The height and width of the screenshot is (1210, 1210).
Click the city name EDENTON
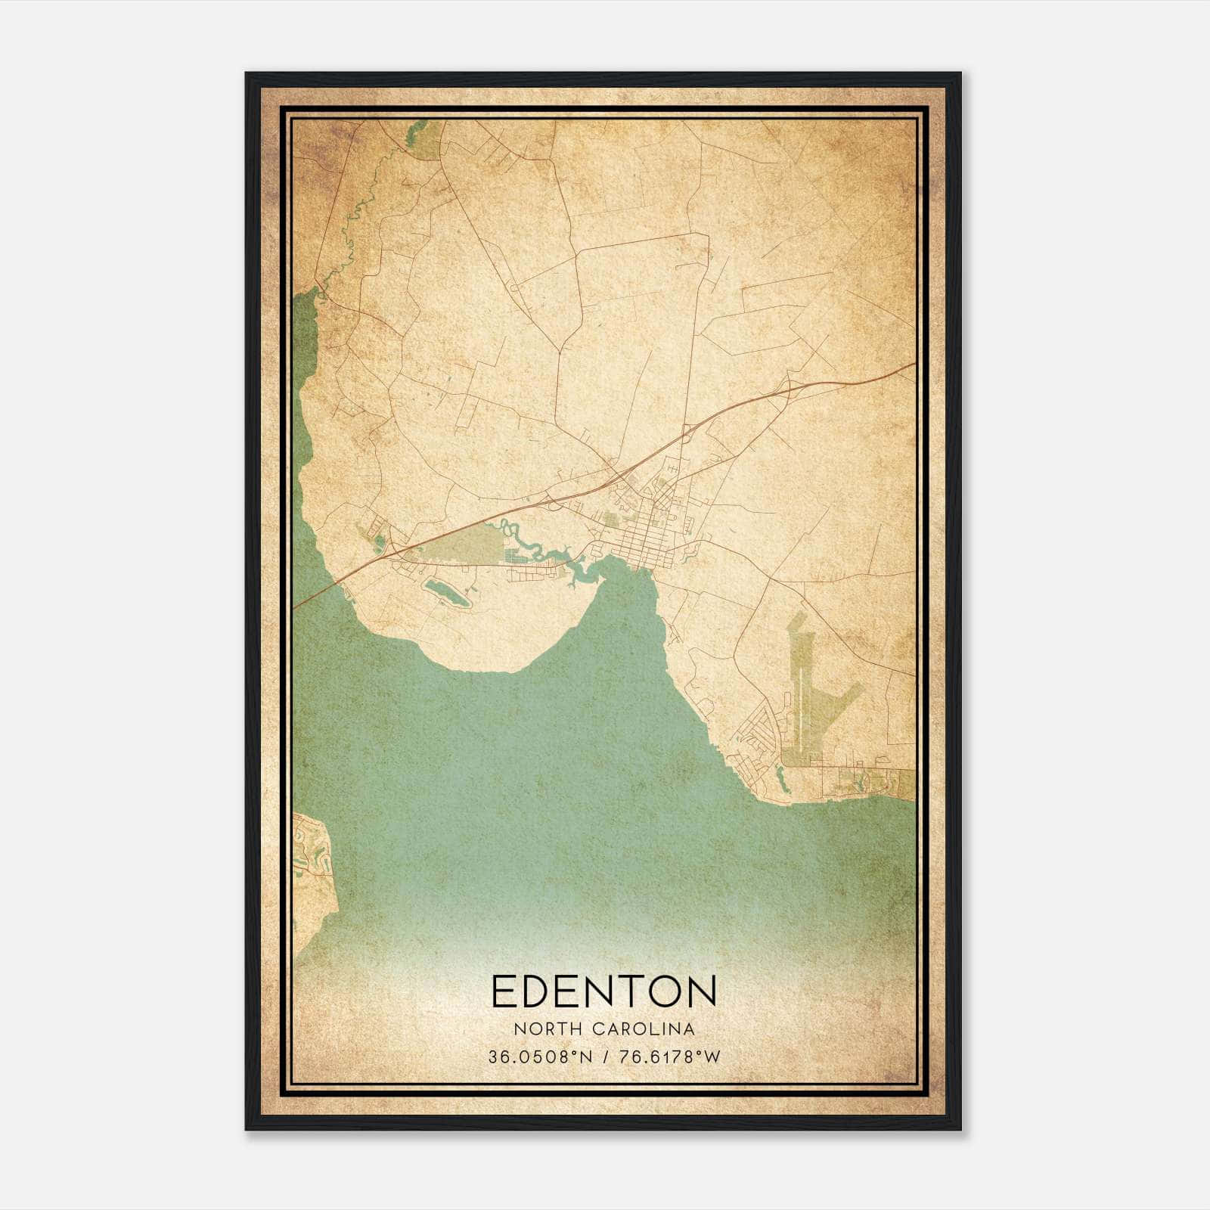coord(603,991)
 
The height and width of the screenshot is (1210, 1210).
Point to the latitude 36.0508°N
coord(540,1057)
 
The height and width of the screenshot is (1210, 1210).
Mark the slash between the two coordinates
coord(607,1057)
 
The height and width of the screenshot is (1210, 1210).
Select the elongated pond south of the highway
coord(447,593)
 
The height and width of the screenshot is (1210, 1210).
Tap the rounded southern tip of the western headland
coord(492,665)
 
